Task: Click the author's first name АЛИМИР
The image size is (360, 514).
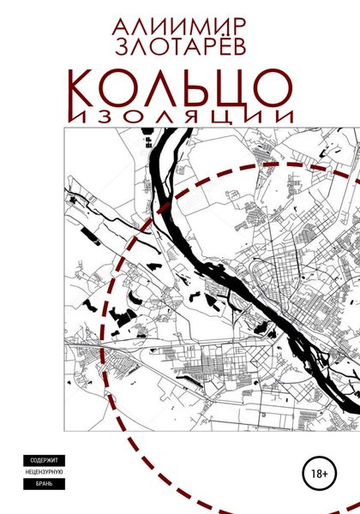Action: [x=179, y=19]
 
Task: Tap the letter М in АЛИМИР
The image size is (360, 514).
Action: [x=193, y=19]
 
